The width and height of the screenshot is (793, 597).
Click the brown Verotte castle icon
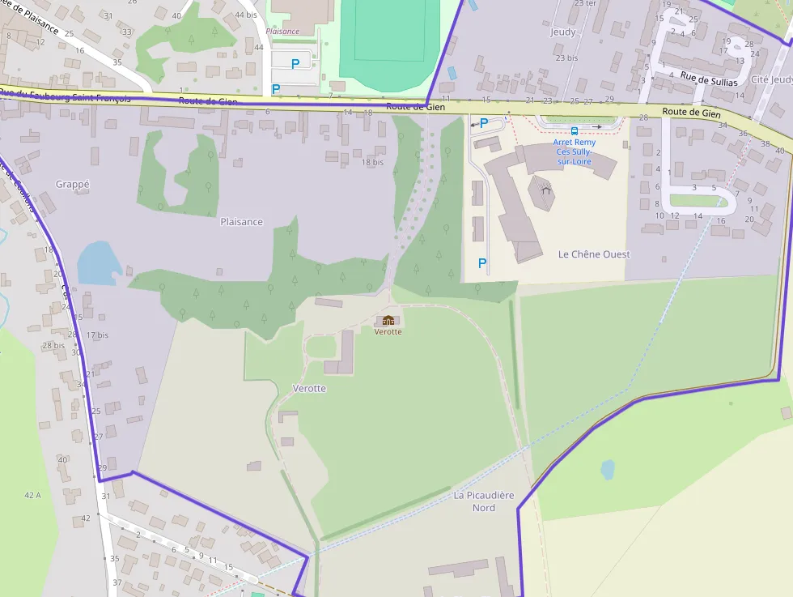388,321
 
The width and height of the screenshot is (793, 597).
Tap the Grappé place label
73,185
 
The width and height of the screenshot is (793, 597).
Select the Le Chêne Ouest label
594,254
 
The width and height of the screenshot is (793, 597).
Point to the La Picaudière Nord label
485,501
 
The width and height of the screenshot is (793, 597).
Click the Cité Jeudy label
772,79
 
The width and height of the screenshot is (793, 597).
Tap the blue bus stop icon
575,130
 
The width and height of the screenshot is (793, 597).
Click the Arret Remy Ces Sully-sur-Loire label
575,151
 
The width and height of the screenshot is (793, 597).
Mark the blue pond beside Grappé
99,263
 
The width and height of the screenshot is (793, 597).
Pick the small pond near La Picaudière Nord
608,469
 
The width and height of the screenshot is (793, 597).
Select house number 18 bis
372,162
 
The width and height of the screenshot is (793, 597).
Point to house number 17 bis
97,335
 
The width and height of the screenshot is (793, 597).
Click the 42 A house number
32,495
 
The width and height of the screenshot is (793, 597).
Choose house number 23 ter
585,3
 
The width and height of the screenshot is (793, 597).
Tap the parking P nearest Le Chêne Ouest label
482,263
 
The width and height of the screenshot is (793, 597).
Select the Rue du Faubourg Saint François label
65,97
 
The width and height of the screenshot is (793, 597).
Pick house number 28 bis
53,346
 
